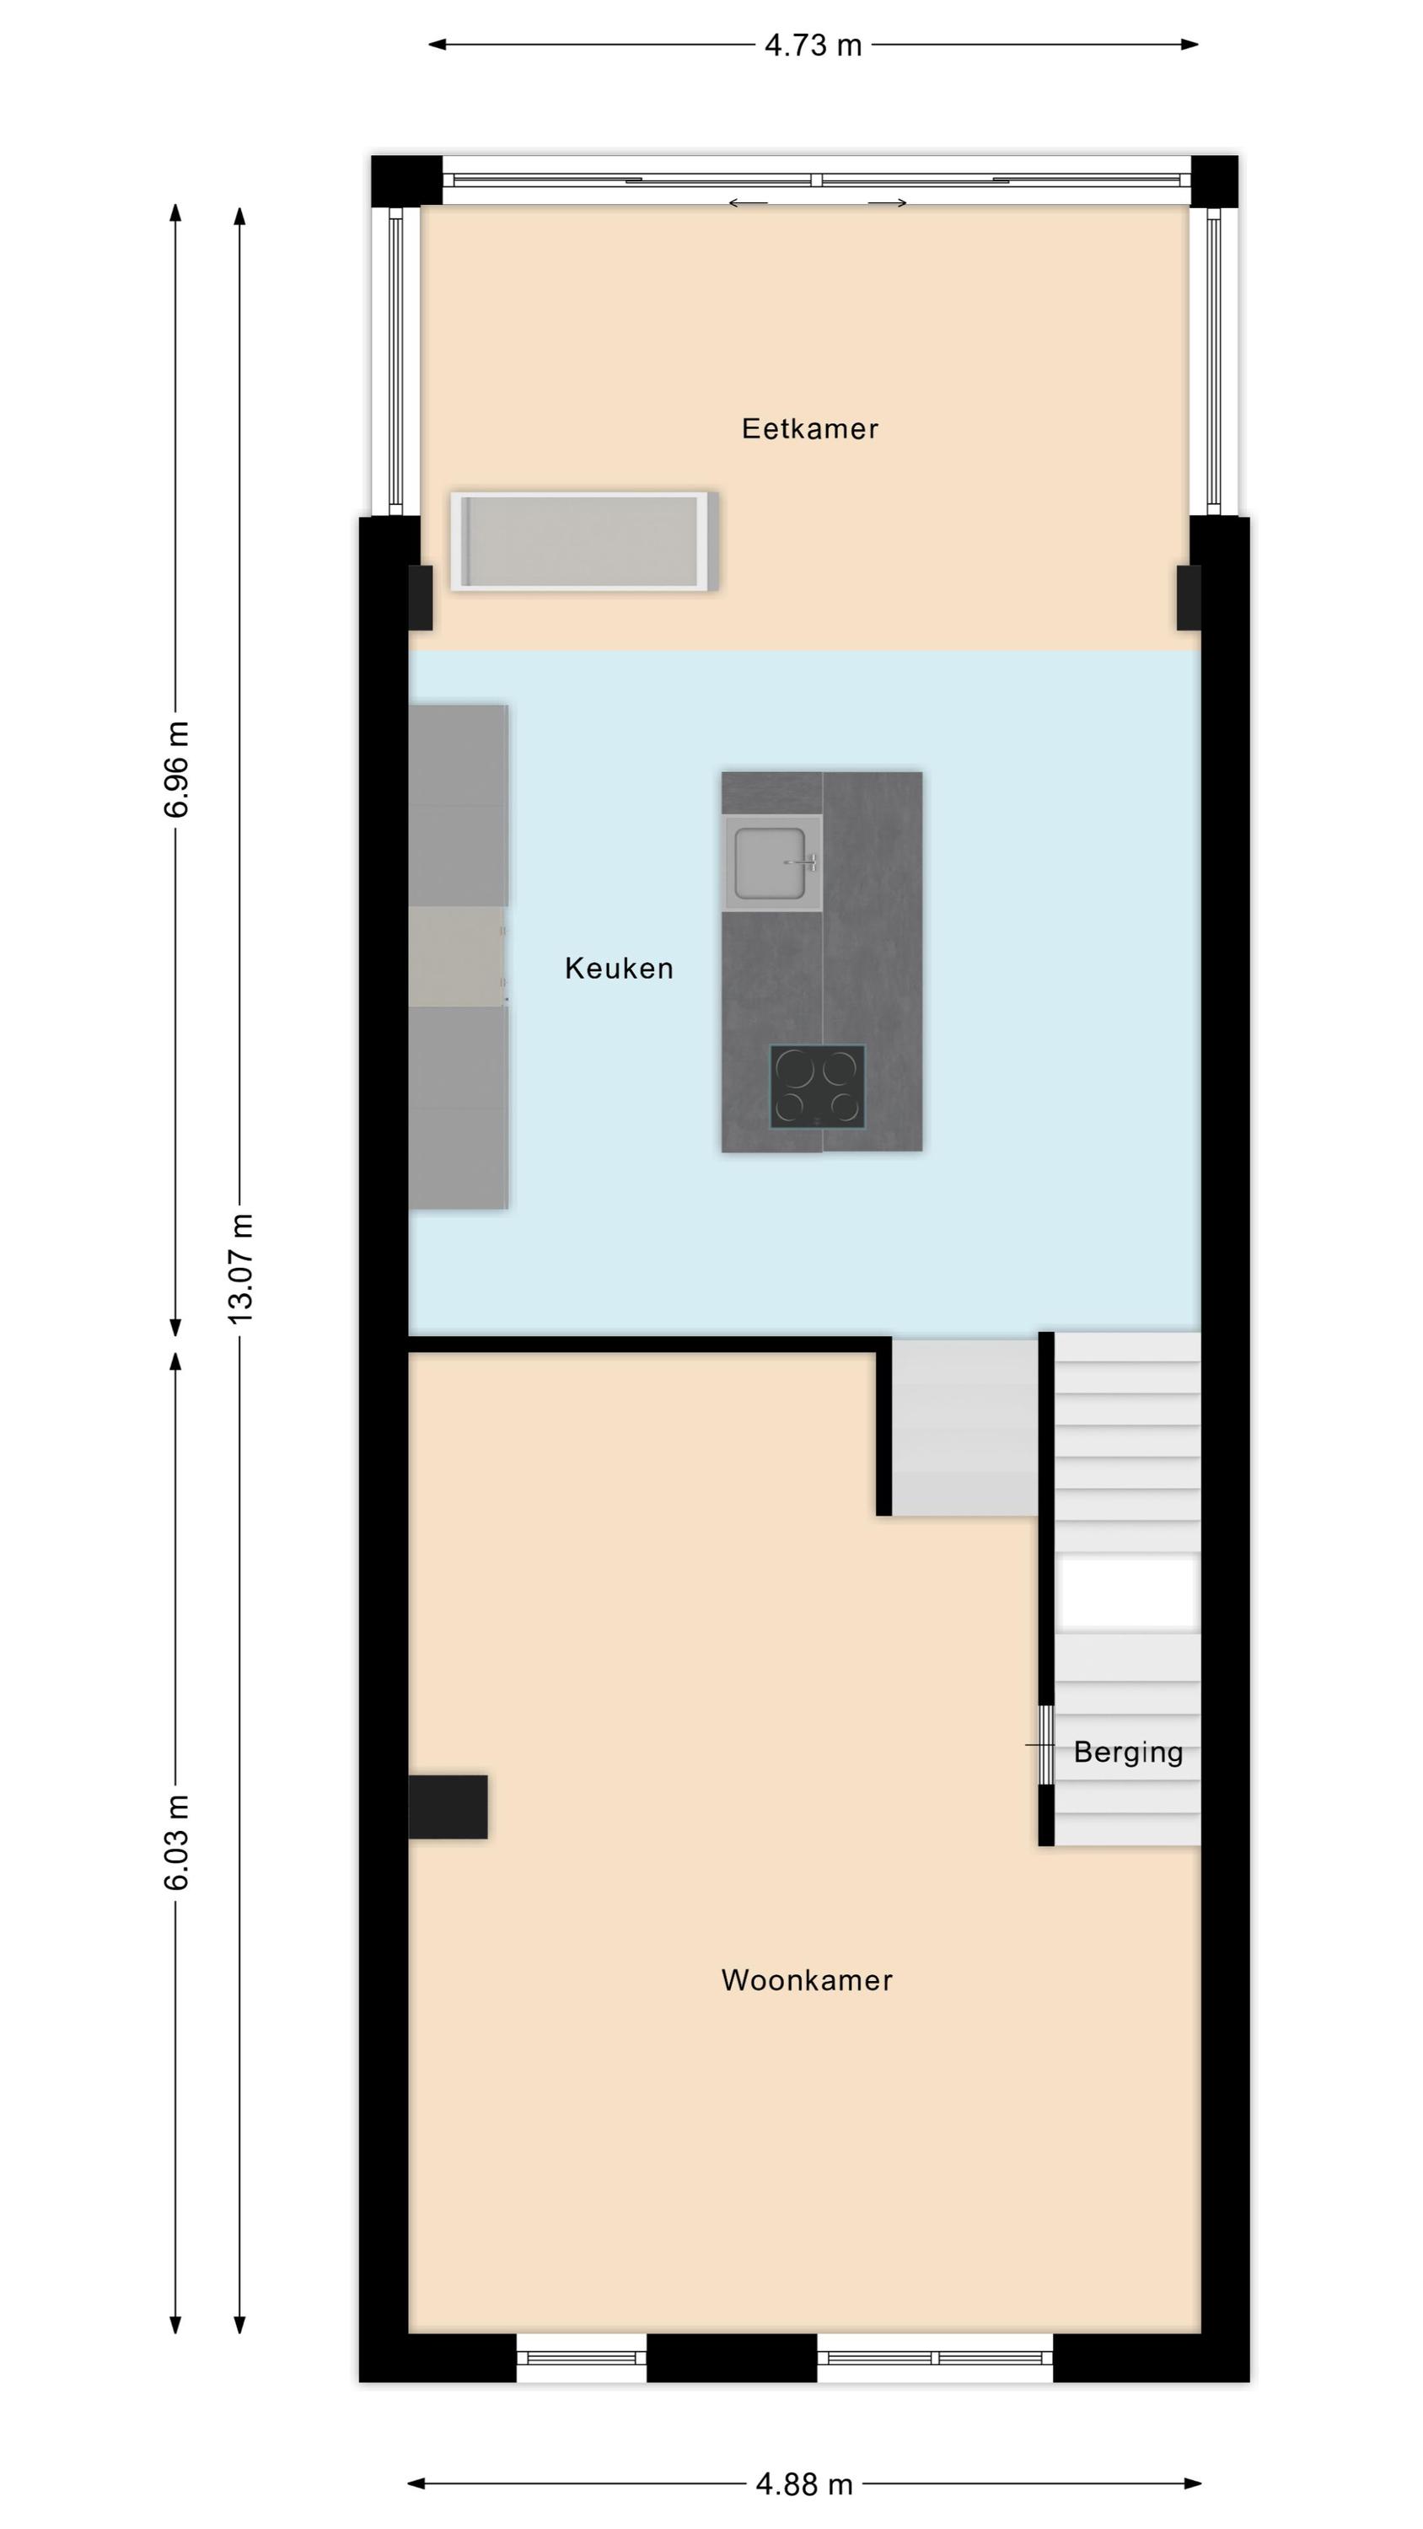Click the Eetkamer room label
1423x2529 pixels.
(809, 428)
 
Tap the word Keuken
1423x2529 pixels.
(619, 968)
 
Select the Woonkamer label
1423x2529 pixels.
(806, 1980)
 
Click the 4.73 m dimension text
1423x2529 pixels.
(814, 46)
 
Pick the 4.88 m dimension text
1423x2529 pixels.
(804, 2485)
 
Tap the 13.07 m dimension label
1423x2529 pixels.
(240, 1269)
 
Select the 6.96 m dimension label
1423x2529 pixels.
(177, 769)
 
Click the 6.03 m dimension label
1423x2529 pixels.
(177, 1842)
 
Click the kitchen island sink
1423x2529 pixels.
(772, 863)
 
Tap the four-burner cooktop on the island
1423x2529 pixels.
(817, 1086)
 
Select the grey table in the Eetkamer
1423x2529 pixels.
(584, 541)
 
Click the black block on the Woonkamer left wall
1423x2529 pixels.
(448, 1807)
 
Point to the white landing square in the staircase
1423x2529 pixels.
(1127, 1592)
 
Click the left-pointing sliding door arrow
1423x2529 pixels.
(748, 203)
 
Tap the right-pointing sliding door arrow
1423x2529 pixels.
(887, 203)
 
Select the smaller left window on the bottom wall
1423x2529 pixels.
(582, 2357)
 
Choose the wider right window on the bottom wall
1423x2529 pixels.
(935, 2357)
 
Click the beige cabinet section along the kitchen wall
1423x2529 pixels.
(458, 956)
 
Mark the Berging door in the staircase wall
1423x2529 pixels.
(1047, 1744)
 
